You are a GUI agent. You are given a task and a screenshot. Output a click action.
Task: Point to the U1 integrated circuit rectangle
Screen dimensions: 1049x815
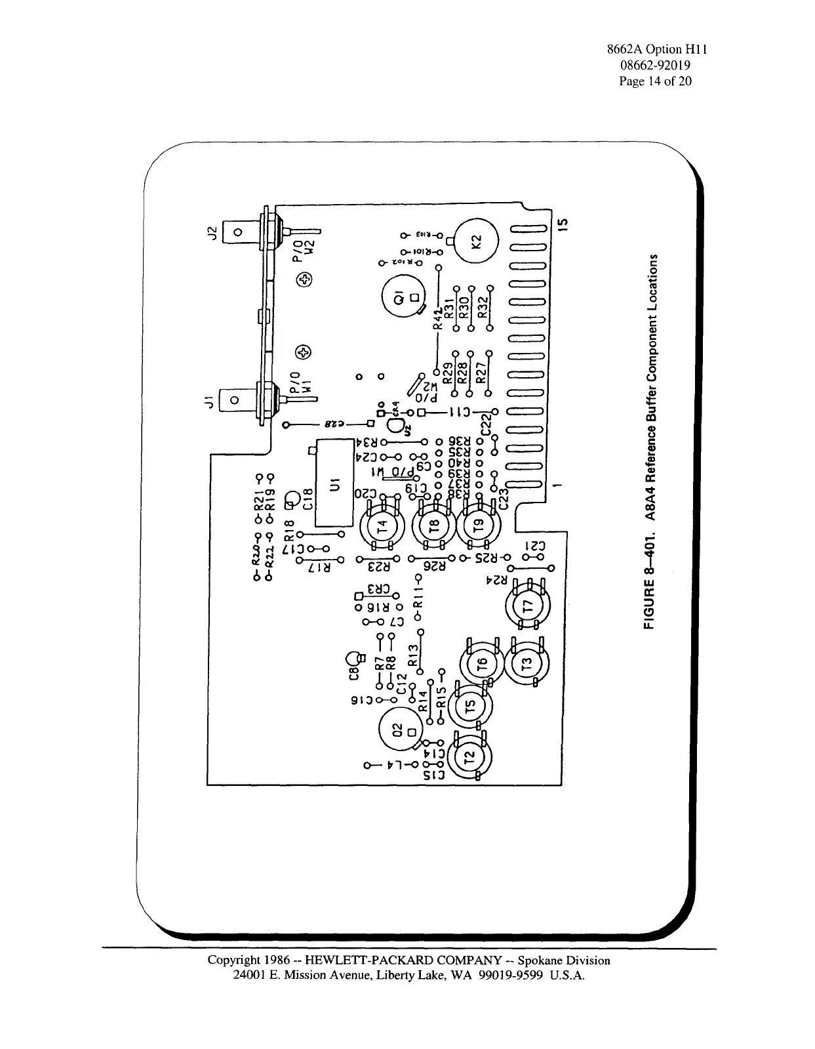[x=336, y=487]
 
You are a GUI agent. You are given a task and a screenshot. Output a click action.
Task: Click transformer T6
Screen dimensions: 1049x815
[x=482, y=665]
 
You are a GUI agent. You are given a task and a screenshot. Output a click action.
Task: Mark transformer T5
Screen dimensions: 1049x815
[x=469, y=707]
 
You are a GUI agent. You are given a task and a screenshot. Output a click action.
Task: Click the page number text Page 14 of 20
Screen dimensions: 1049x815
[x=656, y=81]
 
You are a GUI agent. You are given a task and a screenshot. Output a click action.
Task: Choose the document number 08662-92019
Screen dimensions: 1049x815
[x=655, y=66]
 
